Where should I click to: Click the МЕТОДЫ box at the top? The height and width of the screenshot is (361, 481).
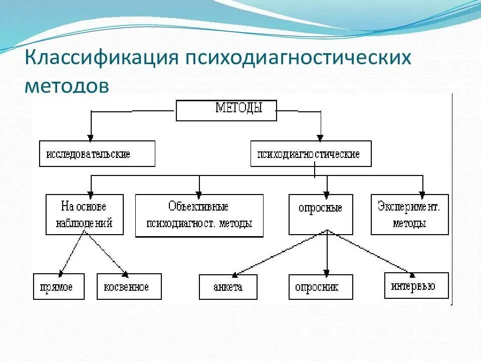pos(226,110)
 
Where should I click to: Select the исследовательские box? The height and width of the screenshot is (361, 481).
pos(97,153)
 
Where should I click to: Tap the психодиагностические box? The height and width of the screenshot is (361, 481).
pos(311,153)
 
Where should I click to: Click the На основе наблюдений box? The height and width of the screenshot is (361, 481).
pos(86,215)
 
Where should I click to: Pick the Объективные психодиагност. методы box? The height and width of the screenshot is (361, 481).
pos(199,216)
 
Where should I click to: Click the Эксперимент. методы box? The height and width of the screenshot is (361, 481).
pos(409,215)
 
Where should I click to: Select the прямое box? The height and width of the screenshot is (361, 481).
pos(59,287)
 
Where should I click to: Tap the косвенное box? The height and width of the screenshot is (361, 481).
pos(129,287)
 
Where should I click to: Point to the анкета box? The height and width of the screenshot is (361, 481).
pos(228,287)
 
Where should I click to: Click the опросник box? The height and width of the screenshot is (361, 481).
pos(320,287)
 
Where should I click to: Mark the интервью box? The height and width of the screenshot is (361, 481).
pos(416,286)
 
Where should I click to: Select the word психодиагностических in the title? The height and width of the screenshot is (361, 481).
pos(299,58)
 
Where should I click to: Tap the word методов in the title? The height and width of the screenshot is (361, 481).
pos(67,85)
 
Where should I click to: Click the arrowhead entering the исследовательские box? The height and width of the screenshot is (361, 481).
pos(90,137)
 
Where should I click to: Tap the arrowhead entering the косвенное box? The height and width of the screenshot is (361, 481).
pos(125,273)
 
